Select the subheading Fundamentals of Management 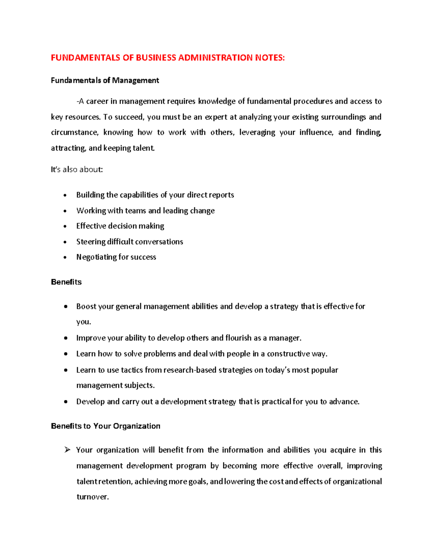pos(105,80)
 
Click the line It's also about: pos(77,169)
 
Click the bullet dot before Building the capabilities pos(65,195)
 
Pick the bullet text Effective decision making pos(120,226)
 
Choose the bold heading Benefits pos(66,282)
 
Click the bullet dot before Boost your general pos(65,307)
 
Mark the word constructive pos(288,354)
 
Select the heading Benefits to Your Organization pos(105,426)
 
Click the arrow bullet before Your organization pos(67,450)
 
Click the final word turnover pos(92,497)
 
